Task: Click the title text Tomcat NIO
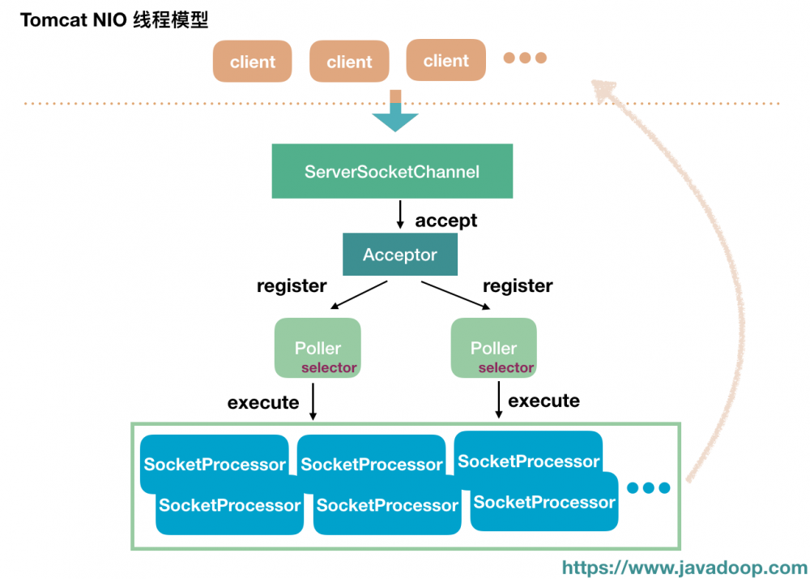coord(73,20)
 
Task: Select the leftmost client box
coord(253,62)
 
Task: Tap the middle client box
coord(349,62)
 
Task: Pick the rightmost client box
coord(446,60)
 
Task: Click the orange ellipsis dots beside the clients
coord(525,58)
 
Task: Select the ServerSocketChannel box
coord(392,171)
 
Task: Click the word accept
coord(446,221)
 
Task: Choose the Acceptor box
coord(399,255)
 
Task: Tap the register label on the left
coord(292,285)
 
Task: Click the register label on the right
coord(518,285)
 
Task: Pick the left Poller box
coord(318,348)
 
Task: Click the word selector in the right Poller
coord(505,367)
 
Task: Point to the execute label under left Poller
coord(263,402)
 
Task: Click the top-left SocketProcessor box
coord(215,464)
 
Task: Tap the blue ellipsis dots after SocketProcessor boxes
coord(649,487)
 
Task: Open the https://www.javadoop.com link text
coord(684,568)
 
